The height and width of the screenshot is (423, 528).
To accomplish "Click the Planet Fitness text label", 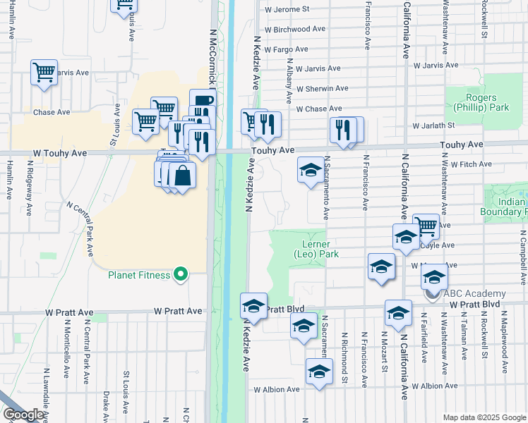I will [139, 275].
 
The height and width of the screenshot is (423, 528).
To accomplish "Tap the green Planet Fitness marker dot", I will [181, 274].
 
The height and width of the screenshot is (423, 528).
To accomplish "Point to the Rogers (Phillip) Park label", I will [487, 103].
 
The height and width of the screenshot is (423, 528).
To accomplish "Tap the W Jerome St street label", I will [287, 10].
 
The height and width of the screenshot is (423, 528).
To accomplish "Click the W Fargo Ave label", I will [284, 49].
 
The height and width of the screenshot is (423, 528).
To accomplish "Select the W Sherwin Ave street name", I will [323, 89].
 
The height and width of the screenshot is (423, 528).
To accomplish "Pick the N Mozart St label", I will [385, 349].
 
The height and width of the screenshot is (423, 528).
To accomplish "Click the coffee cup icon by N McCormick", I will [203, 101].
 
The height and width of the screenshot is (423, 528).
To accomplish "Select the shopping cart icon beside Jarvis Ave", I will [44, 71].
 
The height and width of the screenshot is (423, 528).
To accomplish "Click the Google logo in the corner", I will [24, 415].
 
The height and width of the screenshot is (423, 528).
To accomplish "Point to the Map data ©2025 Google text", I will [484, 417].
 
